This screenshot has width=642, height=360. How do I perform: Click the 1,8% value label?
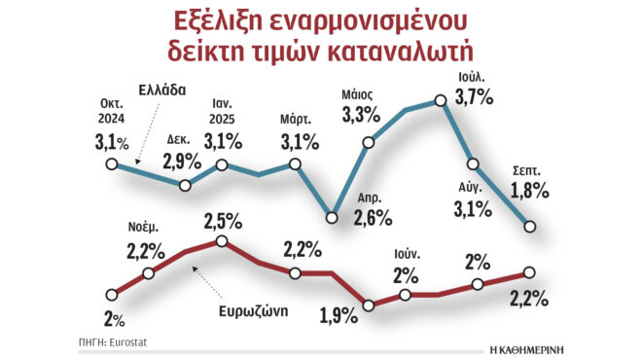tap(530, 190)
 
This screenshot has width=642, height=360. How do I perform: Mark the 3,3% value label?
tap(362, 116)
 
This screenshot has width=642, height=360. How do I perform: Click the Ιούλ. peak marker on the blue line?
tap(441, 99)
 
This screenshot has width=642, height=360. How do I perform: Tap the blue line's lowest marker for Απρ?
tap(332, 215)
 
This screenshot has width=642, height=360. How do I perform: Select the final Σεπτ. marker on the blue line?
tap(530, 227)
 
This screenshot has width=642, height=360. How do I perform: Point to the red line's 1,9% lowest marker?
tap(368, 306)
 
